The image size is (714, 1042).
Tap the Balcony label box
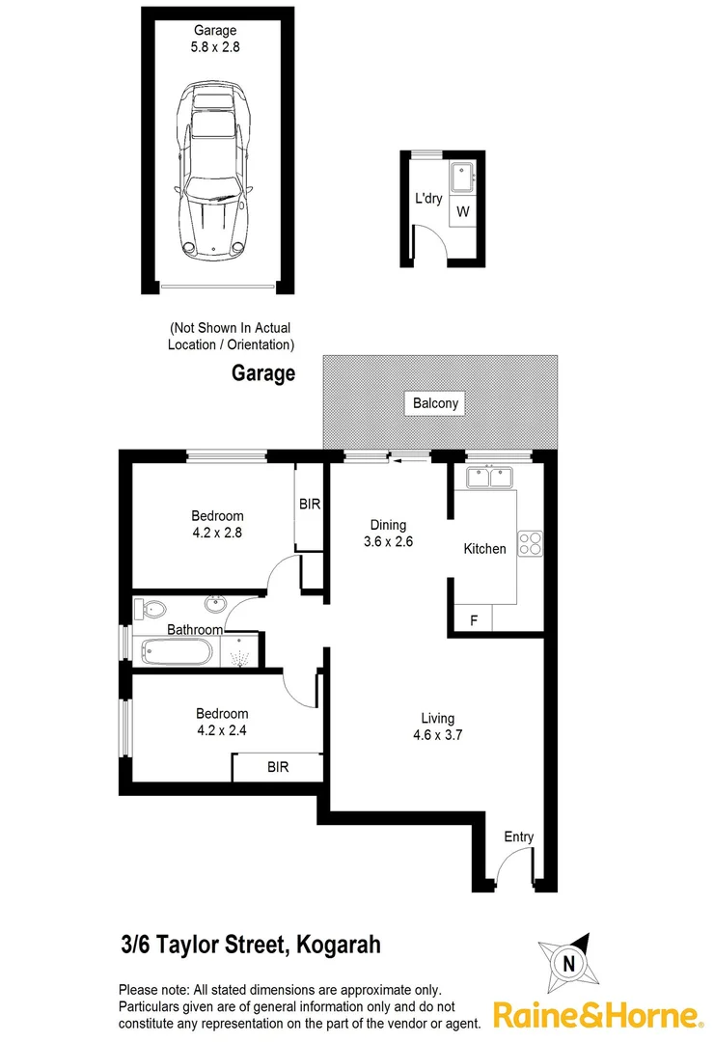pos(435,403)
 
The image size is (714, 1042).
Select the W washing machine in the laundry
pos(463,211)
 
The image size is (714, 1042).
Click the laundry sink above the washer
pos(463,179)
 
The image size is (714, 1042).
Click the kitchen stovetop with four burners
pos(530,543)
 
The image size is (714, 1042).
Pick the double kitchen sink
pos(489,477)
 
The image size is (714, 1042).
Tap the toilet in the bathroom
pos(151,609)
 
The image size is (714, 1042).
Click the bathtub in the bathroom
pos(176,652)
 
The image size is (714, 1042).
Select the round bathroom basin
pos(216,605)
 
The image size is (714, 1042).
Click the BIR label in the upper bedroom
pos(310,504)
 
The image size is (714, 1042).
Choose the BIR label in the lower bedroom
pos(278,767)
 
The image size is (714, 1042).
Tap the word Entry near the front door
pos(518,836)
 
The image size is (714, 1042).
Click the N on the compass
pos(569,963)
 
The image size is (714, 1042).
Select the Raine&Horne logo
pos(596,1015)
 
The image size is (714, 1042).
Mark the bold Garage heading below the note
pos(262,373)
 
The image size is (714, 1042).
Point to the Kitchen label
pos(484,549)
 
